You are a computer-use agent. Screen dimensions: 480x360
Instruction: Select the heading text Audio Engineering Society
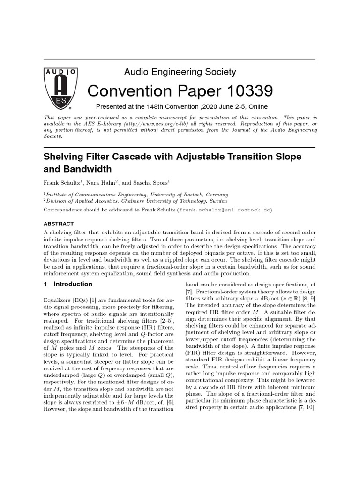[x=180, y=72]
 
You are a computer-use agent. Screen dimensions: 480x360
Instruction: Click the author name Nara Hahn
[x=103, y=182]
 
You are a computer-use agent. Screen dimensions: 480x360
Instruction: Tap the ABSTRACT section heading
[x=59, y=224]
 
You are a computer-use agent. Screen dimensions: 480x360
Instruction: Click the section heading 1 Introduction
[x=68, y=284]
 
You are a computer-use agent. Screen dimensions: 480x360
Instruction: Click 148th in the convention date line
[x=146, y=106]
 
